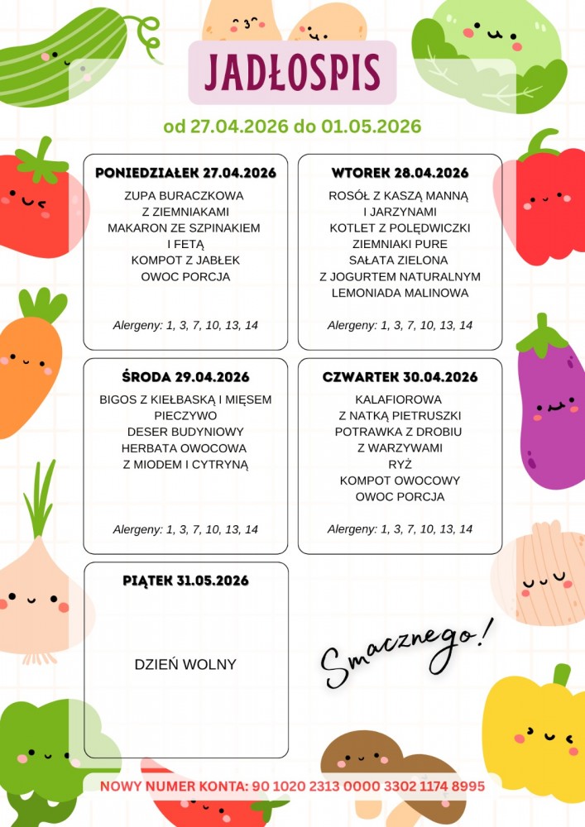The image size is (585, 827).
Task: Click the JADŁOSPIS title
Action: point(292,72)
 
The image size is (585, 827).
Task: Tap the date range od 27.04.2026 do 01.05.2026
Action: point(292,127)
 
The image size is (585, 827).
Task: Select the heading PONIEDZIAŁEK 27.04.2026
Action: point(185,173)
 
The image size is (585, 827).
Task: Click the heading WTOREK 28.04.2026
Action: point(400,173)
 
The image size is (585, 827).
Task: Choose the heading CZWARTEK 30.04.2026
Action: point(400,377)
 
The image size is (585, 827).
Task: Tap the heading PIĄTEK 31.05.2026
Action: point(185,581)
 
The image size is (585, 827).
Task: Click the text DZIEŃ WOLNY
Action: point(185,664)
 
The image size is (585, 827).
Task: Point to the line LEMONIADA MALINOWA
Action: point(400,293)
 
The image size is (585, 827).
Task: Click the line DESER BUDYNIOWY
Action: point(185,432)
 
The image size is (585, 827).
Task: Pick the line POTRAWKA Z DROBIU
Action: point(400,432)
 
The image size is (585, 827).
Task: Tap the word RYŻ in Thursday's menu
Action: point(400,464)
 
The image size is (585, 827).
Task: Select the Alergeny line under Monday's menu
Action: point(185,325)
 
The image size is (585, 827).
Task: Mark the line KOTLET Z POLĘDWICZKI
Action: point(400,228)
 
